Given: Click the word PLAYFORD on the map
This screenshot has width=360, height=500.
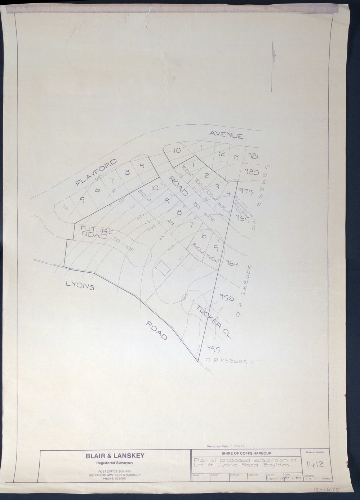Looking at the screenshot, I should (x=96, y=172).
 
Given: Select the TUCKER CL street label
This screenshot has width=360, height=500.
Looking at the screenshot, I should (x=212, y=321).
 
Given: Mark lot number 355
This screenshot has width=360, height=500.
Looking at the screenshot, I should (x=213, y=348).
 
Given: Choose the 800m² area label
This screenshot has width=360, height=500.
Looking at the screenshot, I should (x=223, y=206).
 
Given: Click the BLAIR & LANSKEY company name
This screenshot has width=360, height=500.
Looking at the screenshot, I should (x=115, y=456).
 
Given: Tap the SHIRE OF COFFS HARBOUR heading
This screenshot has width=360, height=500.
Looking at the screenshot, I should (x=247, y=453).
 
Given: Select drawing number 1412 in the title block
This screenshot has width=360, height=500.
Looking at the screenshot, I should (x=316, y=465).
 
